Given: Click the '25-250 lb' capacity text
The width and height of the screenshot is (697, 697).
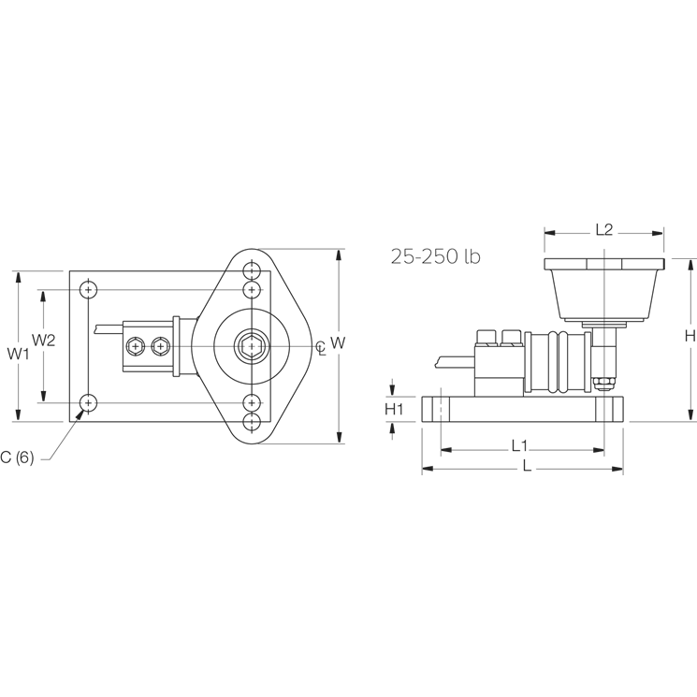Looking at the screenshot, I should coord(435,256).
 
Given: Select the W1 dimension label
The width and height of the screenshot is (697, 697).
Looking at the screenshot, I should coord(19,354).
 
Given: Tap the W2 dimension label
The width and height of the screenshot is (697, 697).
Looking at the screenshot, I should coord(44,340).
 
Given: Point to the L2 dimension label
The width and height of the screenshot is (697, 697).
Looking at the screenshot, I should coord(603,229).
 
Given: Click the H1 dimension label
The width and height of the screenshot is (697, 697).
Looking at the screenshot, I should coord(394,408).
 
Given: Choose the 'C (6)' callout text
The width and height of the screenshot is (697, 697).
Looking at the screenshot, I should coord(18,457).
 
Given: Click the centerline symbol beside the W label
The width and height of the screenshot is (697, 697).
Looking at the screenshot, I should coord(321,347).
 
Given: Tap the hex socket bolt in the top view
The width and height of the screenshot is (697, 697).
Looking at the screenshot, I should coord(252,346).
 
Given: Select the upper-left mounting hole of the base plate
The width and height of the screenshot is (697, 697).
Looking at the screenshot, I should coord(88,290).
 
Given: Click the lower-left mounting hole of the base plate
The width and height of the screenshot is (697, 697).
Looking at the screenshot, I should coord(88,403).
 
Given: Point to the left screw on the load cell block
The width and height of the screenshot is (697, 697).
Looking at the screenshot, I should coord(137,346).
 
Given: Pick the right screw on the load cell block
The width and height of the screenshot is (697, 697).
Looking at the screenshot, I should coord(161,346).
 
